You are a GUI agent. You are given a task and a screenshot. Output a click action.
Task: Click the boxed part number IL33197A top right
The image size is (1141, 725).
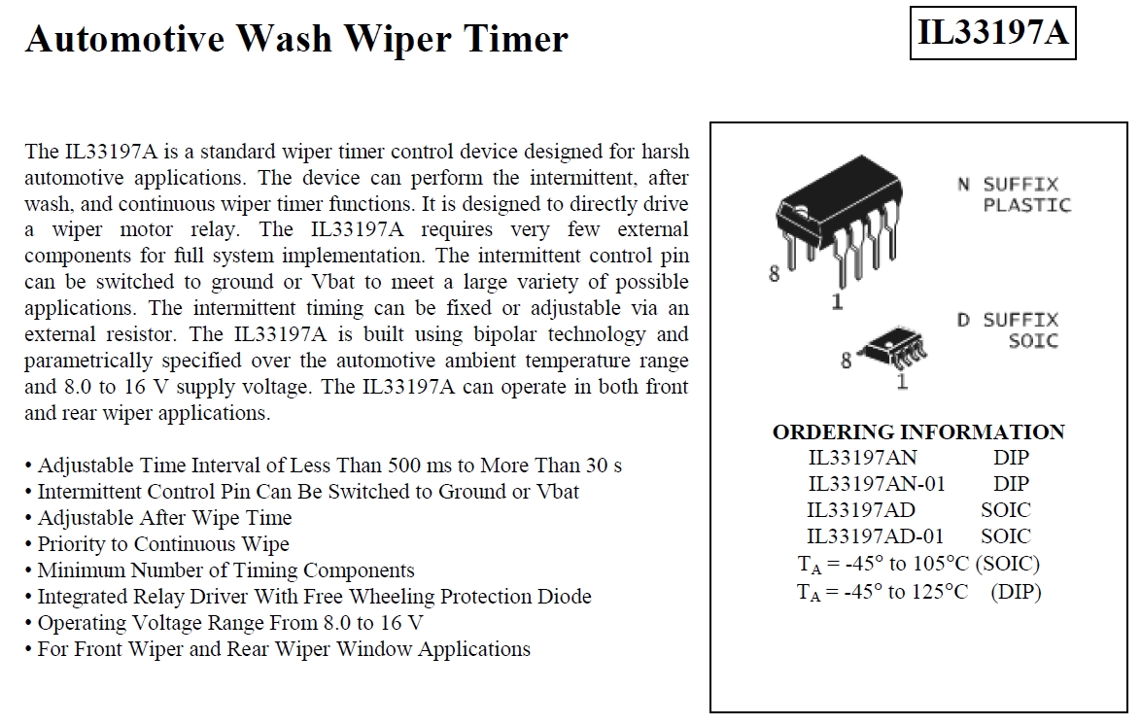tap(992, 33)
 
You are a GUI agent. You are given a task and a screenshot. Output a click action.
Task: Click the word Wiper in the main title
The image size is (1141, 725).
tap(398, 40)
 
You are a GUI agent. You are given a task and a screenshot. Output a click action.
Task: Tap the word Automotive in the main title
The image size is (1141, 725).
tap(124, 39)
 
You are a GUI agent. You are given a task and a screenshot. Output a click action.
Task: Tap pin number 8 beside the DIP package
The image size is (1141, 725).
tap(775, 274)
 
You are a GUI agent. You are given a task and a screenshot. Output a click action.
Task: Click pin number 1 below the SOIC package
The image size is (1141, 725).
tap(902, 380)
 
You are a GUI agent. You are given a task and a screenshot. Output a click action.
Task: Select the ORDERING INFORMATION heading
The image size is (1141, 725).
tap(918, 432)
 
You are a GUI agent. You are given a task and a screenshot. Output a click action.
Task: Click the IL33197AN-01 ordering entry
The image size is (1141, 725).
tap(877, 483)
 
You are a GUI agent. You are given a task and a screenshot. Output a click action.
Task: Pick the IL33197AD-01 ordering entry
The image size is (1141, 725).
tap(876, 536)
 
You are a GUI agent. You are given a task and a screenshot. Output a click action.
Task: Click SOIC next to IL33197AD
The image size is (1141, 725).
tap(1006, 510)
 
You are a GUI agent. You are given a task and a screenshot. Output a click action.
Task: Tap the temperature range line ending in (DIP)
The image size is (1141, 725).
tap(919, 592)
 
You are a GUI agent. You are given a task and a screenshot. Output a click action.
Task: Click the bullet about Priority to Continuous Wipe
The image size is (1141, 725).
tap(157, 544)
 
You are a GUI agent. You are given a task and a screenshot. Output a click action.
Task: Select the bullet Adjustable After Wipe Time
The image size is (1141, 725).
tap(158, 518)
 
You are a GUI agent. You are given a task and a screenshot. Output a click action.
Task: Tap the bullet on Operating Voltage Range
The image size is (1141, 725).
tap(225, 623)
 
